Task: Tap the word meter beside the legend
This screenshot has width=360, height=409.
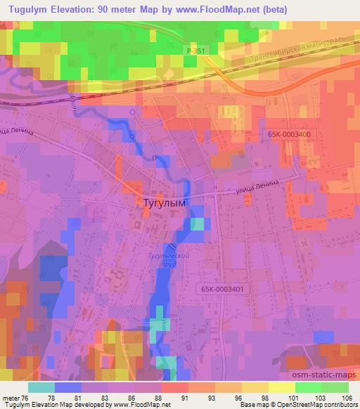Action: point(11,397)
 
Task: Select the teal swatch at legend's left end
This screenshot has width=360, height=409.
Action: point(41,387)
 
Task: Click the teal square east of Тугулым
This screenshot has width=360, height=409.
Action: point(198,224)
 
